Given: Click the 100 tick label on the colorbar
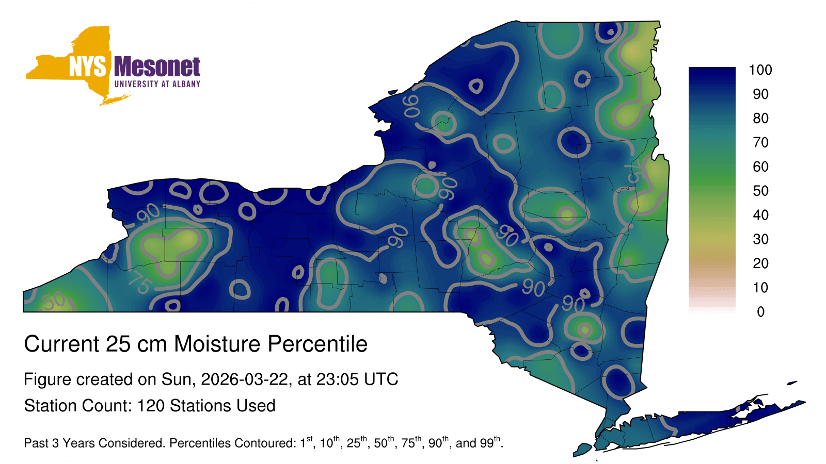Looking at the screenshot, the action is (760, 70).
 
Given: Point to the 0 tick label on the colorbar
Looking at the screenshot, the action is (760, 312).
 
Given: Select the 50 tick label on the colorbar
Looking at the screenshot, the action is (760, 191).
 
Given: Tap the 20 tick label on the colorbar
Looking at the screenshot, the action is (760, 263).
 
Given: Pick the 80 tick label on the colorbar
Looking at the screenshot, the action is (760, 118).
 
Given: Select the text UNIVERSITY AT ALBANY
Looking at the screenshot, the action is (157, 84).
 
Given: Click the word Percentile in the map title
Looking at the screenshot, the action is (317, 344).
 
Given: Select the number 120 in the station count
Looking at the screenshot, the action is (150, 406).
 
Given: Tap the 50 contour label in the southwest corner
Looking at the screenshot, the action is (54, 301).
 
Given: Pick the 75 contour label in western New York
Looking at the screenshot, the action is (140, 283).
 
